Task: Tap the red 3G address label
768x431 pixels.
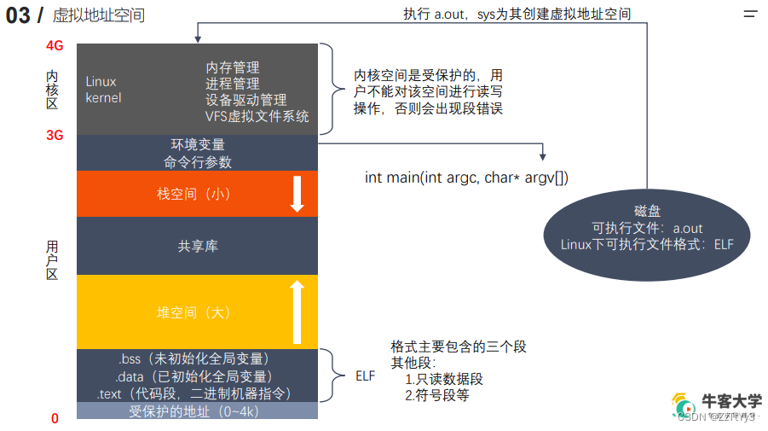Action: pyautogui.click(x=55, y=135)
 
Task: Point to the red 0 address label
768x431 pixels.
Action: pyautogui.click(x=55, y=418)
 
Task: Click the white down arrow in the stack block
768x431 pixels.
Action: pyautogui.click(x=297, y=194)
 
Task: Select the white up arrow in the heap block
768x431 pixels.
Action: pyautogui.click(x=297, y=312)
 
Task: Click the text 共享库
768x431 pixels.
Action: pyautogui.click(x=198, y=246)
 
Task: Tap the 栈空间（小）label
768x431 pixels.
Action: pyautogui.click(x=193, y=194)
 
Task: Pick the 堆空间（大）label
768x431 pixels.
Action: pyautogui.click(x=193, y=312)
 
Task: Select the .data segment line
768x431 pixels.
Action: pyautogui.click(x=194, y=376)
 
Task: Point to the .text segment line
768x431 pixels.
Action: pyautogui.click(x=194, y=393)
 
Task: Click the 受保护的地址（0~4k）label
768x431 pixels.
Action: pyautogui.click(x=193, y=411)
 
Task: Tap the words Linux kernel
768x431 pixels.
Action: pyautogui.click(x=103, y=90)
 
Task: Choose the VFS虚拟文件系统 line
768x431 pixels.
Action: pyautogui.click(x=257, y=116)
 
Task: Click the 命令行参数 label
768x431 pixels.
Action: pyautogui.click(x=197, y=161)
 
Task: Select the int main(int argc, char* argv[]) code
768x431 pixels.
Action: pyautogui.click(x=466, y=178)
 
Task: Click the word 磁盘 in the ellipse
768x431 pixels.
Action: pyautogui.click(x=648, y=211)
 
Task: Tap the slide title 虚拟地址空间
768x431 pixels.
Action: pyautogui.click(x=98, y=15)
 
